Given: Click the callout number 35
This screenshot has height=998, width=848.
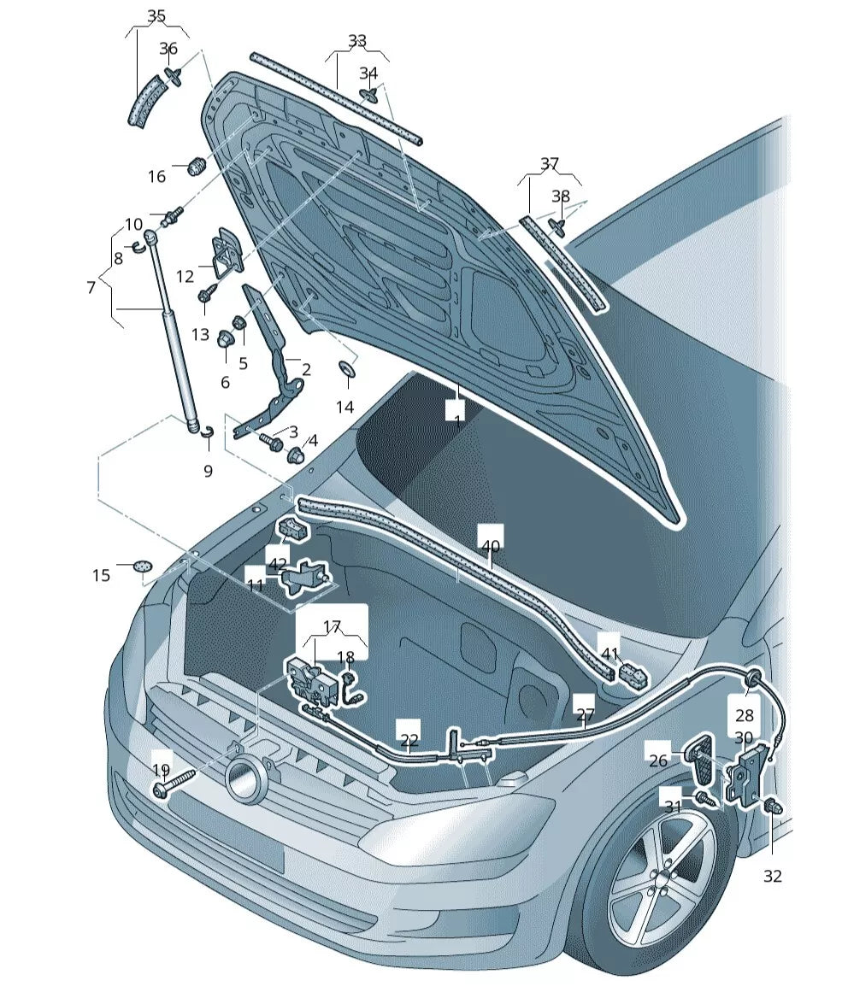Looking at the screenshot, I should tap(156, 15).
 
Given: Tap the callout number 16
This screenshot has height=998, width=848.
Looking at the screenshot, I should tap(156, 177).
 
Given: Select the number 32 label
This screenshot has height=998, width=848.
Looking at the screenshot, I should tap(772, 876).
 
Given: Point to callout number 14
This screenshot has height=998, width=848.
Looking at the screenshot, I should tap(344, 408).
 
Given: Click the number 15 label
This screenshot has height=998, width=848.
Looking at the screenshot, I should tap(102, 575).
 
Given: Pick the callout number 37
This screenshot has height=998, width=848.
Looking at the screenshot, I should tap(549, 163).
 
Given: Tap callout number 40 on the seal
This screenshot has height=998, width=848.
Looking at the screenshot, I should tap(490, 546).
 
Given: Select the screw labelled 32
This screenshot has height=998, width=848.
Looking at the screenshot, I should tap(771, 805).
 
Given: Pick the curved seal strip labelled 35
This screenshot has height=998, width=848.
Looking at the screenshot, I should tap(145, 102).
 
